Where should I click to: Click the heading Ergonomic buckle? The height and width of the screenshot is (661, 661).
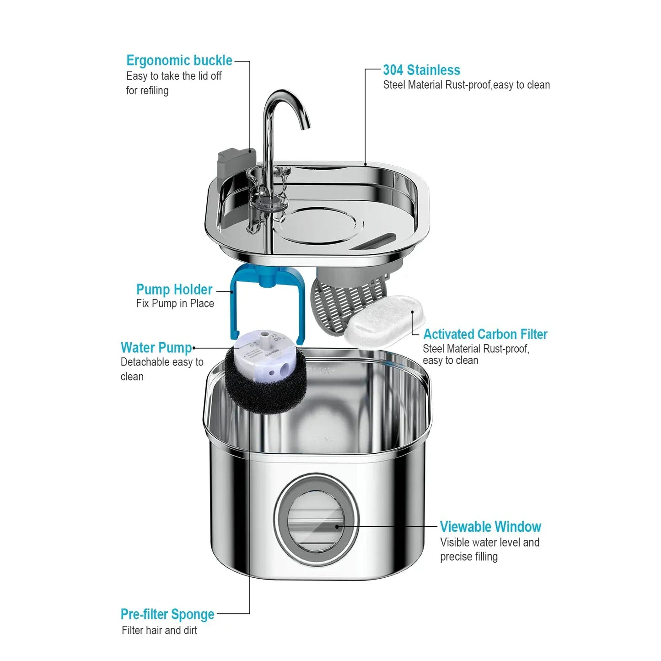pyautogui.click(x=179, y=60)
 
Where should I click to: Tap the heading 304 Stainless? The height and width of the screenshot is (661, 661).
pyautogui.click(x=421, y=70)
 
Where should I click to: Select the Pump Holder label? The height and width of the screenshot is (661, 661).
pyautogui.click(x=174, y=290)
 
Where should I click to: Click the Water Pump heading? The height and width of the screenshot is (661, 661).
pyautogui.click(x=156, y=348)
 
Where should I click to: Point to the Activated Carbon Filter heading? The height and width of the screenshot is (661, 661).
pyautogui.click(x=485, y=334)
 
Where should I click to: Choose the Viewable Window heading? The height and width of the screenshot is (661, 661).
pyautogui.click(x=490, y=527)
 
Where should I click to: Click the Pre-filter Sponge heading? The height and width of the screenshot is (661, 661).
pyautogui.click(x=167, y=614)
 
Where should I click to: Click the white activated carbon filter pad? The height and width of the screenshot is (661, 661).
pyautogui.click(x=383, y=320)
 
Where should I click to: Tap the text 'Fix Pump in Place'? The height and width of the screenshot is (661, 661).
pyautogui.click(x=175, y=304)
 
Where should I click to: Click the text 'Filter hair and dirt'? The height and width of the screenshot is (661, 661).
pyautogui.click(x=159, y=630)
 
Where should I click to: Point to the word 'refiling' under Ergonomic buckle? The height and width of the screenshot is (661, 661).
pyautogui.click(x=154, y=91)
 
